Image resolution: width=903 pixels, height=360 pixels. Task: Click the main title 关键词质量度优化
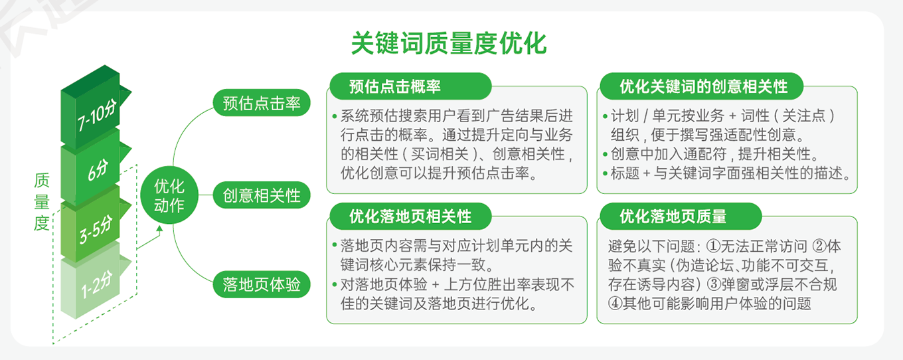(x=449, y=43)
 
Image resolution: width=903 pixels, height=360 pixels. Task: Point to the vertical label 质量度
(x=42, y=202)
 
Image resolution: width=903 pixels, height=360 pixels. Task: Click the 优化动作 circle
(x=169, y=195)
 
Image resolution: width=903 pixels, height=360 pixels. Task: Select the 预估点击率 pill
(x=262, y=103)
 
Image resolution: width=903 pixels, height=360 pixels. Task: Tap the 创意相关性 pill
(x=262, y=195)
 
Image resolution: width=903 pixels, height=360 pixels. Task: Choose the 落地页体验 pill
(x=262, y=284)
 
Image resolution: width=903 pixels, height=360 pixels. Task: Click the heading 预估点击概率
(x=394, y=86)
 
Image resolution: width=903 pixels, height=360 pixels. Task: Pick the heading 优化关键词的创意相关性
(x=703, y=86)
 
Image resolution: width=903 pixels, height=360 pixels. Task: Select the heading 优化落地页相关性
(x=410, y=217)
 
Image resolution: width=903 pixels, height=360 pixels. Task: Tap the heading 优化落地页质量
(x=673, y=217)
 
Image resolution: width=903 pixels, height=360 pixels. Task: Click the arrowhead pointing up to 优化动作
(x=159, y=228)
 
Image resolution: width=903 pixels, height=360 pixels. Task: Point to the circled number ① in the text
(x=713, y=246)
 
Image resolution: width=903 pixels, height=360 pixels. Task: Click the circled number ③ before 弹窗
(x=714, y=284)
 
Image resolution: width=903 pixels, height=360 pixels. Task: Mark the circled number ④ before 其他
(x=615, y=303)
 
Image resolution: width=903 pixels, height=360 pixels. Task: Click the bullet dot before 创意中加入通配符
(x=605, y=154)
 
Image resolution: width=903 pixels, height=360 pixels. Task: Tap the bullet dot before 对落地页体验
(x=335, y=285)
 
